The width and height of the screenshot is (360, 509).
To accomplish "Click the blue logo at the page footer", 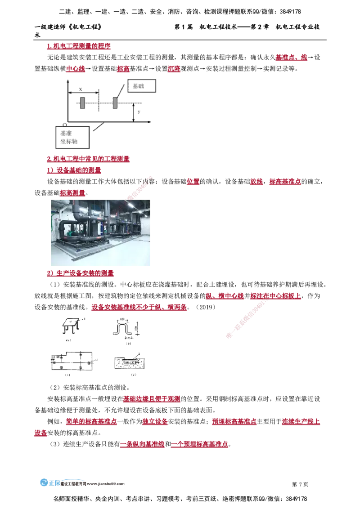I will click(50, 484).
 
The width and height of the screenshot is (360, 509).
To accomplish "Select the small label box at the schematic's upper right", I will click(142, 85).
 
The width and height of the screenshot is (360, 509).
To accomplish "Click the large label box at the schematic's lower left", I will click(72, 137).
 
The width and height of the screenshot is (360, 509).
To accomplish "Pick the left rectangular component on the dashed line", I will click(82, 103).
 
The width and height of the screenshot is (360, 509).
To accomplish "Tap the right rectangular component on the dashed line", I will click(115, 103).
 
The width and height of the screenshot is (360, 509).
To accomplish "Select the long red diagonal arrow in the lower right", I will click(245, 319).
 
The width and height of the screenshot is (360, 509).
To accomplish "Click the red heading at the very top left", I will click(77, 46).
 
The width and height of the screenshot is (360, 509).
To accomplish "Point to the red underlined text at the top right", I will click(291, 57).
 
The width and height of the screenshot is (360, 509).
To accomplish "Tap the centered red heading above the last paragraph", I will click(152, 398).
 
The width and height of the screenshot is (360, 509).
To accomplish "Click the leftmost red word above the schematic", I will click(75, 69).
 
